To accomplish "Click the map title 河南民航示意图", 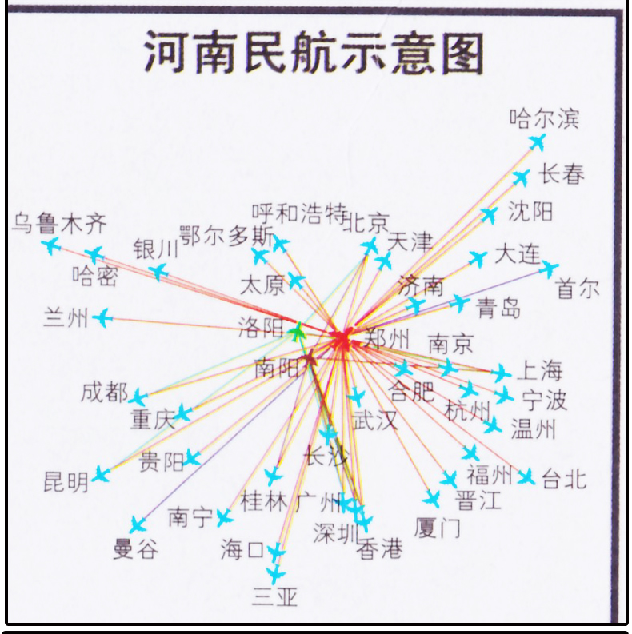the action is [x=314, y=54].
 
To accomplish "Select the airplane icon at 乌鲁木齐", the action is [x=52, y=245].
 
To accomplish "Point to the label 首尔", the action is [x=578, y=289].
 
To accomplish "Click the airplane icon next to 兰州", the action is [x=102, y=318].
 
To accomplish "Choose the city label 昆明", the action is [x=66, y=482].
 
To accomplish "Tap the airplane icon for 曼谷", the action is [x=138, y=524].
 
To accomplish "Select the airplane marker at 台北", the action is [x=526, y=477].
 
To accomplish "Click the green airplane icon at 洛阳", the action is [x=298, y=331].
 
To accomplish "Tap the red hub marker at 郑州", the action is [x=343, y=340].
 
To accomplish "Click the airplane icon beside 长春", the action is [x=521, y=177].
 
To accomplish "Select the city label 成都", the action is [x=104, y=393].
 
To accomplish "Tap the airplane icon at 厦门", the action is [x=432, y=500].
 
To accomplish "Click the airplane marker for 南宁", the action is [x=225, y=517].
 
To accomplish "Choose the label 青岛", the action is [x=498, y=308].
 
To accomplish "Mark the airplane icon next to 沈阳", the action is [x=489, y=215].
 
